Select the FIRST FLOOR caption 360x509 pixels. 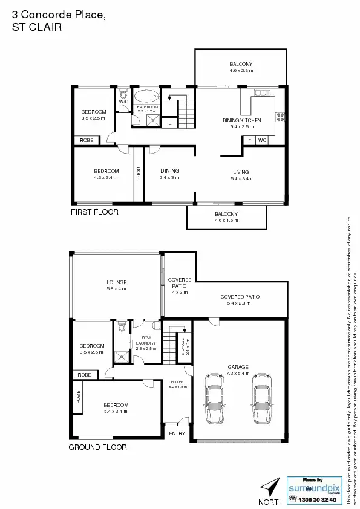pyautogui.click(x=94, y=212)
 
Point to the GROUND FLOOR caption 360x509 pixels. pyautogui.click(x=97, y=447)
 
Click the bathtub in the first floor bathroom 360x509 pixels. pyautogui.click(x=146, y=96)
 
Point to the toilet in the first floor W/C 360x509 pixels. pyautogui.click(x=123, y=93)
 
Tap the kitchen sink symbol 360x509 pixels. pyautogui.click(x=262, y=92)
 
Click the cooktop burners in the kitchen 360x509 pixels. pyautogui.click(x=280, y=115)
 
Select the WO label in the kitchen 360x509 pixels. pyautogui.click(x=262, y=140)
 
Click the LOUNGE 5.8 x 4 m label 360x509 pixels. pyautogui.click(x=116, y=285)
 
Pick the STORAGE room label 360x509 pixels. pyautogui.click(x=185, y=346)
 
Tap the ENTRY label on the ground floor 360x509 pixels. pyautogui.click(x=177, y=433)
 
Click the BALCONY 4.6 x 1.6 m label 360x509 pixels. pyautogui.click(x=226, y=217)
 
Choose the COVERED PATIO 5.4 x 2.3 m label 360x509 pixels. pyautogui.click(x=240, y=300)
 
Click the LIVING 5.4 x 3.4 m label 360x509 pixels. pyautogui.click(x=241, y=175)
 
